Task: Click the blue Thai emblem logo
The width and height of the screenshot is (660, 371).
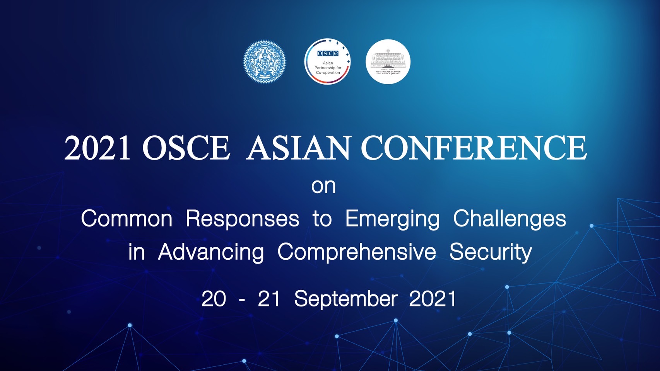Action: tap(265, 61)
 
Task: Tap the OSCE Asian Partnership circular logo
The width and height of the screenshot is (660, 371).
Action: tap(327, 61)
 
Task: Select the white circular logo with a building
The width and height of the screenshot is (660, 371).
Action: tap(388, 61)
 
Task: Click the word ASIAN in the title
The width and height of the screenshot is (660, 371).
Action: tap(298, 148)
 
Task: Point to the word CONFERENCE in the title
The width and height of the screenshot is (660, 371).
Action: tap(474, 148)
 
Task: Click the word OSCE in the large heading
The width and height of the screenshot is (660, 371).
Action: tap(186, 148)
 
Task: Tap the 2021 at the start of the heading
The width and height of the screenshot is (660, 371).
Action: tap(97, 148)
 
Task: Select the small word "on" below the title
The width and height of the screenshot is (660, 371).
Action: tap(323, 186)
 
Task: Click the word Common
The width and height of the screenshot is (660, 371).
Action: tap(127, 219)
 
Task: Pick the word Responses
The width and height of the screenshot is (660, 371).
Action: tap(242, 219)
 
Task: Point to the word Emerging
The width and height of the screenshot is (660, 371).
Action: tap(392, 220)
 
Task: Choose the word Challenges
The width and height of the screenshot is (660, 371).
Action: tap(510, 219)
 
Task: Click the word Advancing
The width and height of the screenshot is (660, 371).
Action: tap(211, 252)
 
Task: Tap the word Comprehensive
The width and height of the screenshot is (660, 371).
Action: tap(357, 252)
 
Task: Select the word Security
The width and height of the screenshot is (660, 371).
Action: tap(491, 252)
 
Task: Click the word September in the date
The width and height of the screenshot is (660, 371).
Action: tap(345, 299)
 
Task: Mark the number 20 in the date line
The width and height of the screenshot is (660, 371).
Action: tap(214, 299)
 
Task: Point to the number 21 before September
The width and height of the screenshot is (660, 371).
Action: tap(269, 299)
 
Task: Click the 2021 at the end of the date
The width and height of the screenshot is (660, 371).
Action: tap(433, 299)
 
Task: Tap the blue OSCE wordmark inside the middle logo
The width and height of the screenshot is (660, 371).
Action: tap(328, 53)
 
